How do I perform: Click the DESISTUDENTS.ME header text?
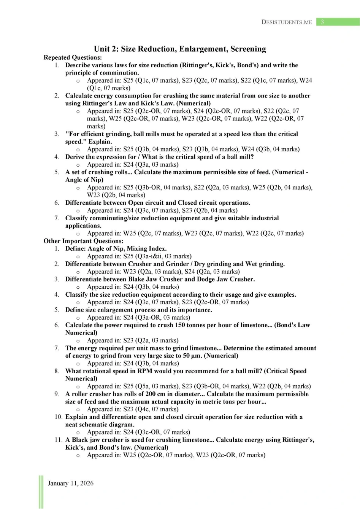click(x=287, y=22)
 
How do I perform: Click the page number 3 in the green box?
click(x=322, y=22)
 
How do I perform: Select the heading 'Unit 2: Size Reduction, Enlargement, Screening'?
click(x=180, y=49)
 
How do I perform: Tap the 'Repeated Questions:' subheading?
click(x=73, y=57)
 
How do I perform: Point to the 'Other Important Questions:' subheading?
click(x=83, y=241)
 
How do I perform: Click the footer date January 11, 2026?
click(x=71, y=483)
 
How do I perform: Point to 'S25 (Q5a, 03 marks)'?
click(x=151, y=386)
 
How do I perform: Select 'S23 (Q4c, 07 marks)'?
click(x=151, y=409)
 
